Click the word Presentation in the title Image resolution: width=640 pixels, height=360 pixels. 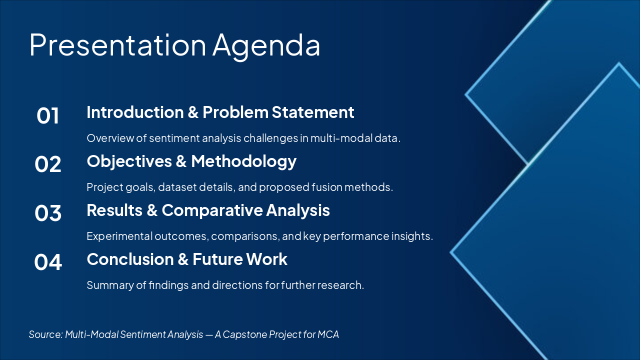point(117,44)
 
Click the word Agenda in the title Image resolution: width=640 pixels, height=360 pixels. point(266,47)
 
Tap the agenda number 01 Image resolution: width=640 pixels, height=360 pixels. point(47,115)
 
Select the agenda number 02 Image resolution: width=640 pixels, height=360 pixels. point(48,164)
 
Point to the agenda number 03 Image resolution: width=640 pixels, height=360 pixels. point(48,213)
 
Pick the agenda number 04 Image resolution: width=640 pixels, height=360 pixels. point(48,262)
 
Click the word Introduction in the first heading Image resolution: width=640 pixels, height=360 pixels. point(135,112)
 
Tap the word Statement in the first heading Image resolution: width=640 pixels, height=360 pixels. point(313,112)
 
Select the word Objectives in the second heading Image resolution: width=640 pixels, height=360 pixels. point(129,161)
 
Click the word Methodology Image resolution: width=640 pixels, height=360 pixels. point(243,161)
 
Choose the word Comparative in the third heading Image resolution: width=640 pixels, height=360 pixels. point(212,210)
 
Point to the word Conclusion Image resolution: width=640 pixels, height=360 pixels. point(130,259)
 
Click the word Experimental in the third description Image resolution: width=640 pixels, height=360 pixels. point(119,236)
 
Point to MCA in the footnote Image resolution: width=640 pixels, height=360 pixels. point(328,334)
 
